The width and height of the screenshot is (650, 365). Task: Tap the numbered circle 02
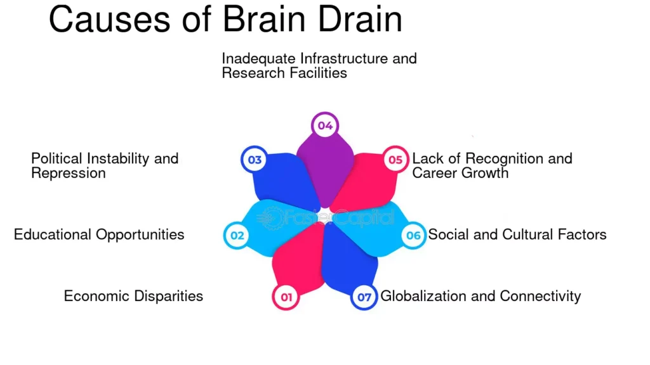pyautogui.click(x=237, y=236)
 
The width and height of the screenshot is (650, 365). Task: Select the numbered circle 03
pyautogui.click(x=255, y=160)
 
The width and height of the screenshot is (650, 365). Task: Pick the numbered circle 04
pyautogui.click(x=325, y=125)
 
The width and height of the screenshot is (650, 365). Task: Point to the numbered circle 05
pyautogui.click(x=395, y=160)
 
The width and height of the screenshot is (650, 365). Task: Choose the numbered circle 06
pyautogui.click(x=413, y=236)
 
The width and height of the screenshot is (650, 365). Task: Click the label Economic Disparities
pyautogui.click(x=133, y=296)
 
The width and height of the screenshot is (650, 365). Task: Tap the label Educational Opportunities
pyautogui.click(x=99, y=234)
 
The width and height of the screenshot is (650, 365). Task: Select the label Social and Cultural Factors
pyautogui.click(x=517, y=234)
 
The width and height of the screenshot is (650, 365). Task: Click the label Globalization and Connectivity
pyautogui.click(x=481, y=296)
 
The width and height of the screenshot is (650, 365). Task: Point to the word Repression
pyautogui.click(x=69, y=173)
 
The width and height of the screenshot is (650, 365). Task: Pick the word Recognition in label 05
pyautogui.click(x=506, y=158)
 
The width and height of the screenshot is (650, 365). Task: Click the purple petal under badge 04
pyautogui.click(x=325, y=168)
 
